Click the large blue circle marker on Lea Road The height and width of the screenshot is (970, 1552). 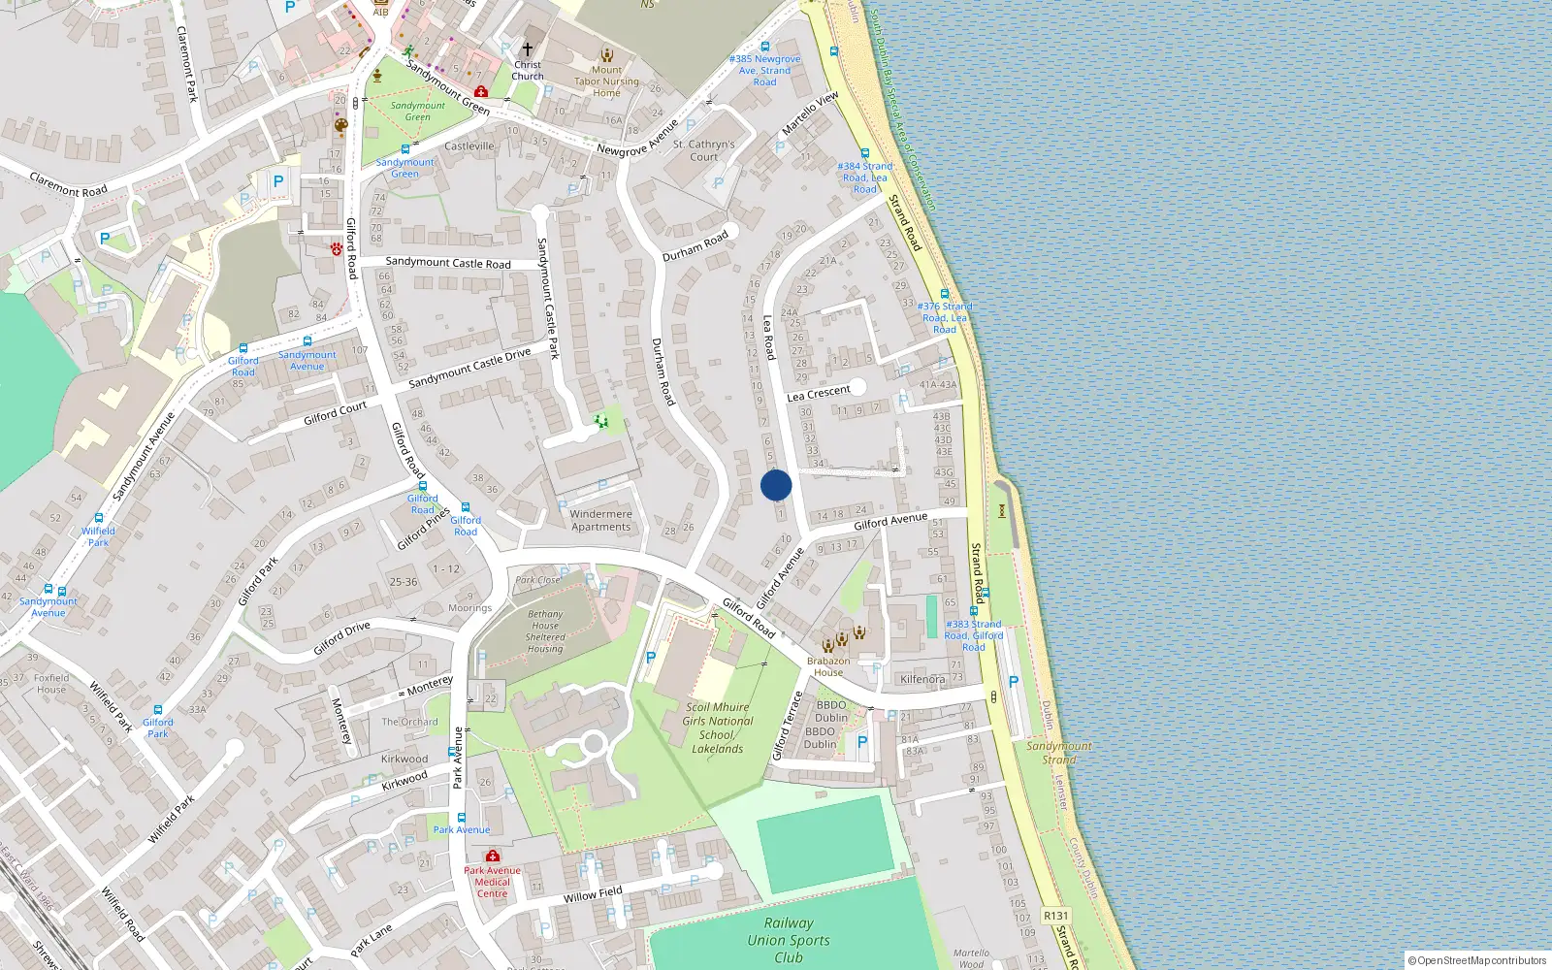click(x=776, y=485)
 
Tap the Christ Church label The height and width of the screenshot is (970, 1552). click(x=528, y=71)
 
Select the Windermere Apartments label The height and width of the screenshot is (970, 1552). click(x=600, y=521)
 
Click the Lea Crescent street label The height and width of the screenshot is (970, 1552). click(x=819, y=393)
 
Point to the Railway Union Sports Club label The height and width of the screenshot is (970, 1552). click(x=789, y=940)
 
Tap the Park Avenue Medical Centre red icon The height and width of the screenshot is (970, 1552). click(x=492, y=856)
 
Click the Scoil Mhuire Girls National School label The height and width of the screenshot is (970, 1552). click(x=718, y=727)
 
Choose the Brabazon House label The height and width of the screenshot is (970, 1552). click(x=828, y=666)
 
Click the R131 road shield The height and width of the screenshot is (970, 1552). click(x=1055, y=916)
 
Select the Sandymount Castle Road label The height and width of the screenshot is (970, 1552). click(x=448, y=263)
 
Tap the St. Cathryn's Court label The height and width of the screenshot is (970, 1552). click(x=704, y=150)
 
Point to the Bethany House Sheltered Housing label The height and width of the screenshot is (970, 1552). click(x=545, y=630)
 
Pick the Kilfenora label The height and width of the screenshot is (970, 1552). click(x=921, y=679)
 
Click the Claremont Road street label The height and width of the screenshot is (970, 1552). click(x=68, y=184)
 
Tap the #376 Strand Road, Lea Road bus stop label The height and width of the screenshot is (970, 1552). click(x=945, y=317)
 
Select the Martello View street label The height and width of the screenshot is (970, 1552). click(x=810, y=113)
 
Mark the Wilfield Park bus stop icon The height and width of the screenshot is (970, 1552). click(x=98, y=519)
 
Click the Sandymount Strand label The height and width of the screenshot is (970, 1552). click(x=1059, y=753)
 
